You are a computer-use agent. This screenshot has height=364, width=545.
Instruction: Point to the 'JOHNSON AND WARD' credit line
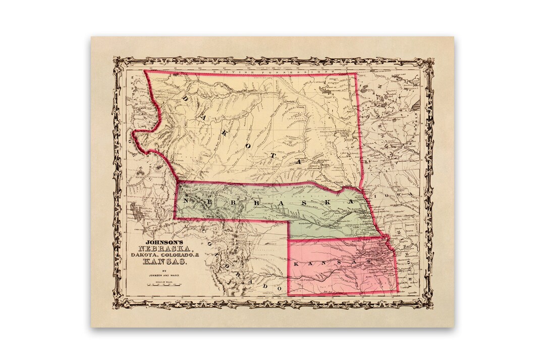coord(160,276)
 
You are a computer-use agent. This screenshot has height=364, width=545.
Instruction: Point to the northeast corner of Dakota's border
coord(357,74)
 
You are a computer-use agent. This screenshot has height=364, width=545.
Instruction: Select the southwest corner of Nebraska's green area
coord(175,218)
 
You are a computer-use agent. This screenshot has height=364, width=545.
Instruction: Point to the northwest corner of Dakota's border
coord(145,71)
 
